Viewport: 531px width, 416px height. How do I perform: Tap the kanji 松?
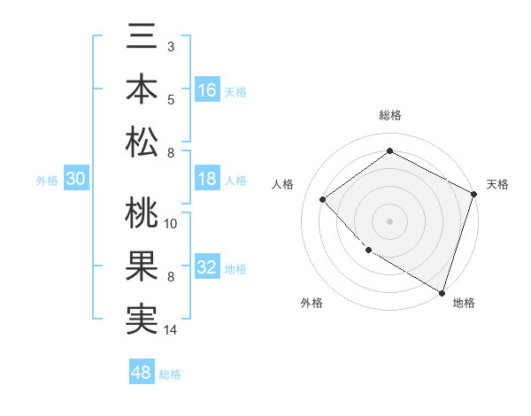(x=142, y=142)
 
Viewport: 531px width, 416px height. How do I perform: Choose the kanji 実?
(x=142, y=319)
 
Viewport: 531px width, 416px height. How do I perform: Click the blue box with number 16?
(x=207, y=89)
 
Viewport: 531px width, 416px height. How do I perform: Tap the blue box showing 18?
(x=207, y=179)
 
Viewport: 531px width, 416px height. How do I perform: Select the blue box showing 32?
(x=207, y=267)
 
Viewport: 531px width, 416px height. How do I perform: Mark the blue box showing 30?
(x=76, y=179)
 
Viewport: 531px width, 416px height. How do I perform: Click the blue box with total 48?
(x=142, y=373)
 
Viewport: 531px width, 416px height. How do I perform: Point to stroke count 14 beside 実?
(x=172, y=330)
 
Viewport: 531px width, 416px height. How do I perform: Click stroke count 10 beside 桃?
(x=172, y=223)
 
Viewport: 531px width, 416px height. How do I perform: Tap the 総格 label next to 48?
(x=170, y=374)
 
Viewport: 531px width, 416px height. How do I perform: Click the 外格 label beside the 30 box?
(x=47, y=181)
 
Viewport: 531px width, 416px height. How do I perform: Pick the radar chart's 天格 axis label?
(x=497, y=184)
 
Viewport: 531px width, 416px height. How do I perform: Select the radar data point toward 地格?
(x=442, y=292)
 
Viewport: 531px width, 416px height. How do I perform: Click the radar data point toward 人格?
(x=323, y=199)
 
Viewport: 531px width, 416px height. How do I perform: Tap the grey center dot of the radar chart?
(x=389, y=220)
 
